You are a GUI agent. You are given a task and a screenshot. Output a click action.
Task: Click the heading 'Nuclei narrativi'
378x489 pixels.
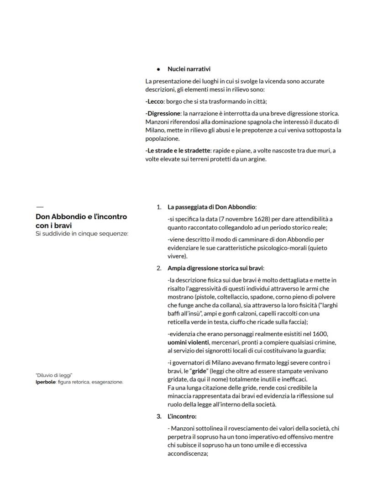pos(189,69)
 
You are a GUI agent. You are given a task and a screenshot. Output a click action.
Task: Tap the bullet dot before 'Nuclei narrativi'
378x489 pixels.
pos(158,69)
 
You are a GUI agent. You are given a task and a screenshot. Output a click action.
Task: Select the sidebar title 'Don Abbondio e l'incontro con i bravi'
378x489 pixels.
pos(81,221)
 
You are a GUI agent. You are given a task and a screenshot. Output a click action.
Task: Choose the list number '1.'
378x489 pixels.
pos(159,207)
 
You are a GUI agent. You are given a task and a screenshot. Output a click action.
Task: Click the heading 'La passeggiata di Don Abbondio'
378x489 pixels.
pos(211,207)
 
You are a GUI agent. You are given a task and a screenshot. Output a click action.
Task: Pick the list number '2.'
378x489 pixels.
pos(159,268)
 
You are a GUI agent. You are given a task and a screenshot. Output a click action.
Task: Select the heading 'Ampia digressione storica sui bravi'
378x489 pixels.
pos(215,268)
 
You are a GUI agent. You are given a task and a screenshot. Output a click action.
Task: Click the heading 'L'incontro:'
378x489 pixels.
pos(182,416)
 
